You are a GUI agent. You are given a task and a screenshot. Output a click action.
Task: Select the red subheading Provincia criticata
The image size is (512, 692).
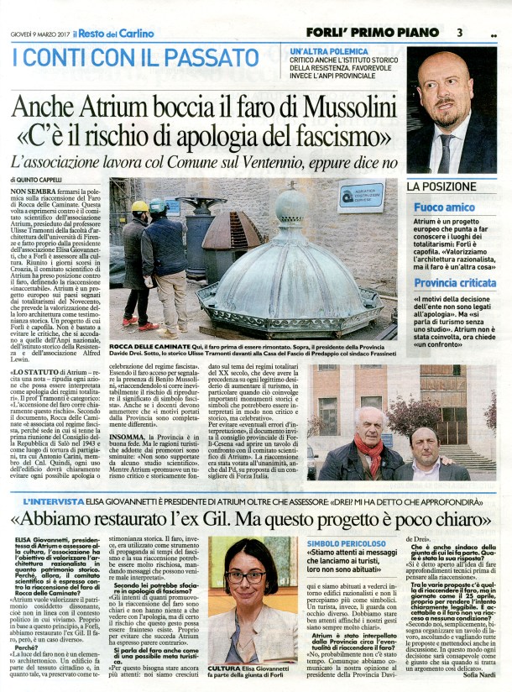coord(453,283)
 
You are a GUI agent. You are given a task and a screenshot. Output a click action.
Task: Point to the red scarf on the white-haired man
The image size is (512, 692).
coord(370,454)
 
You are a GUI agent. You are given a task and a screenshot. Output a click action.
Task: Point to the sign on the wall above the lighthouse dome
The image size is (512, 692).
coord(359,197)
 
